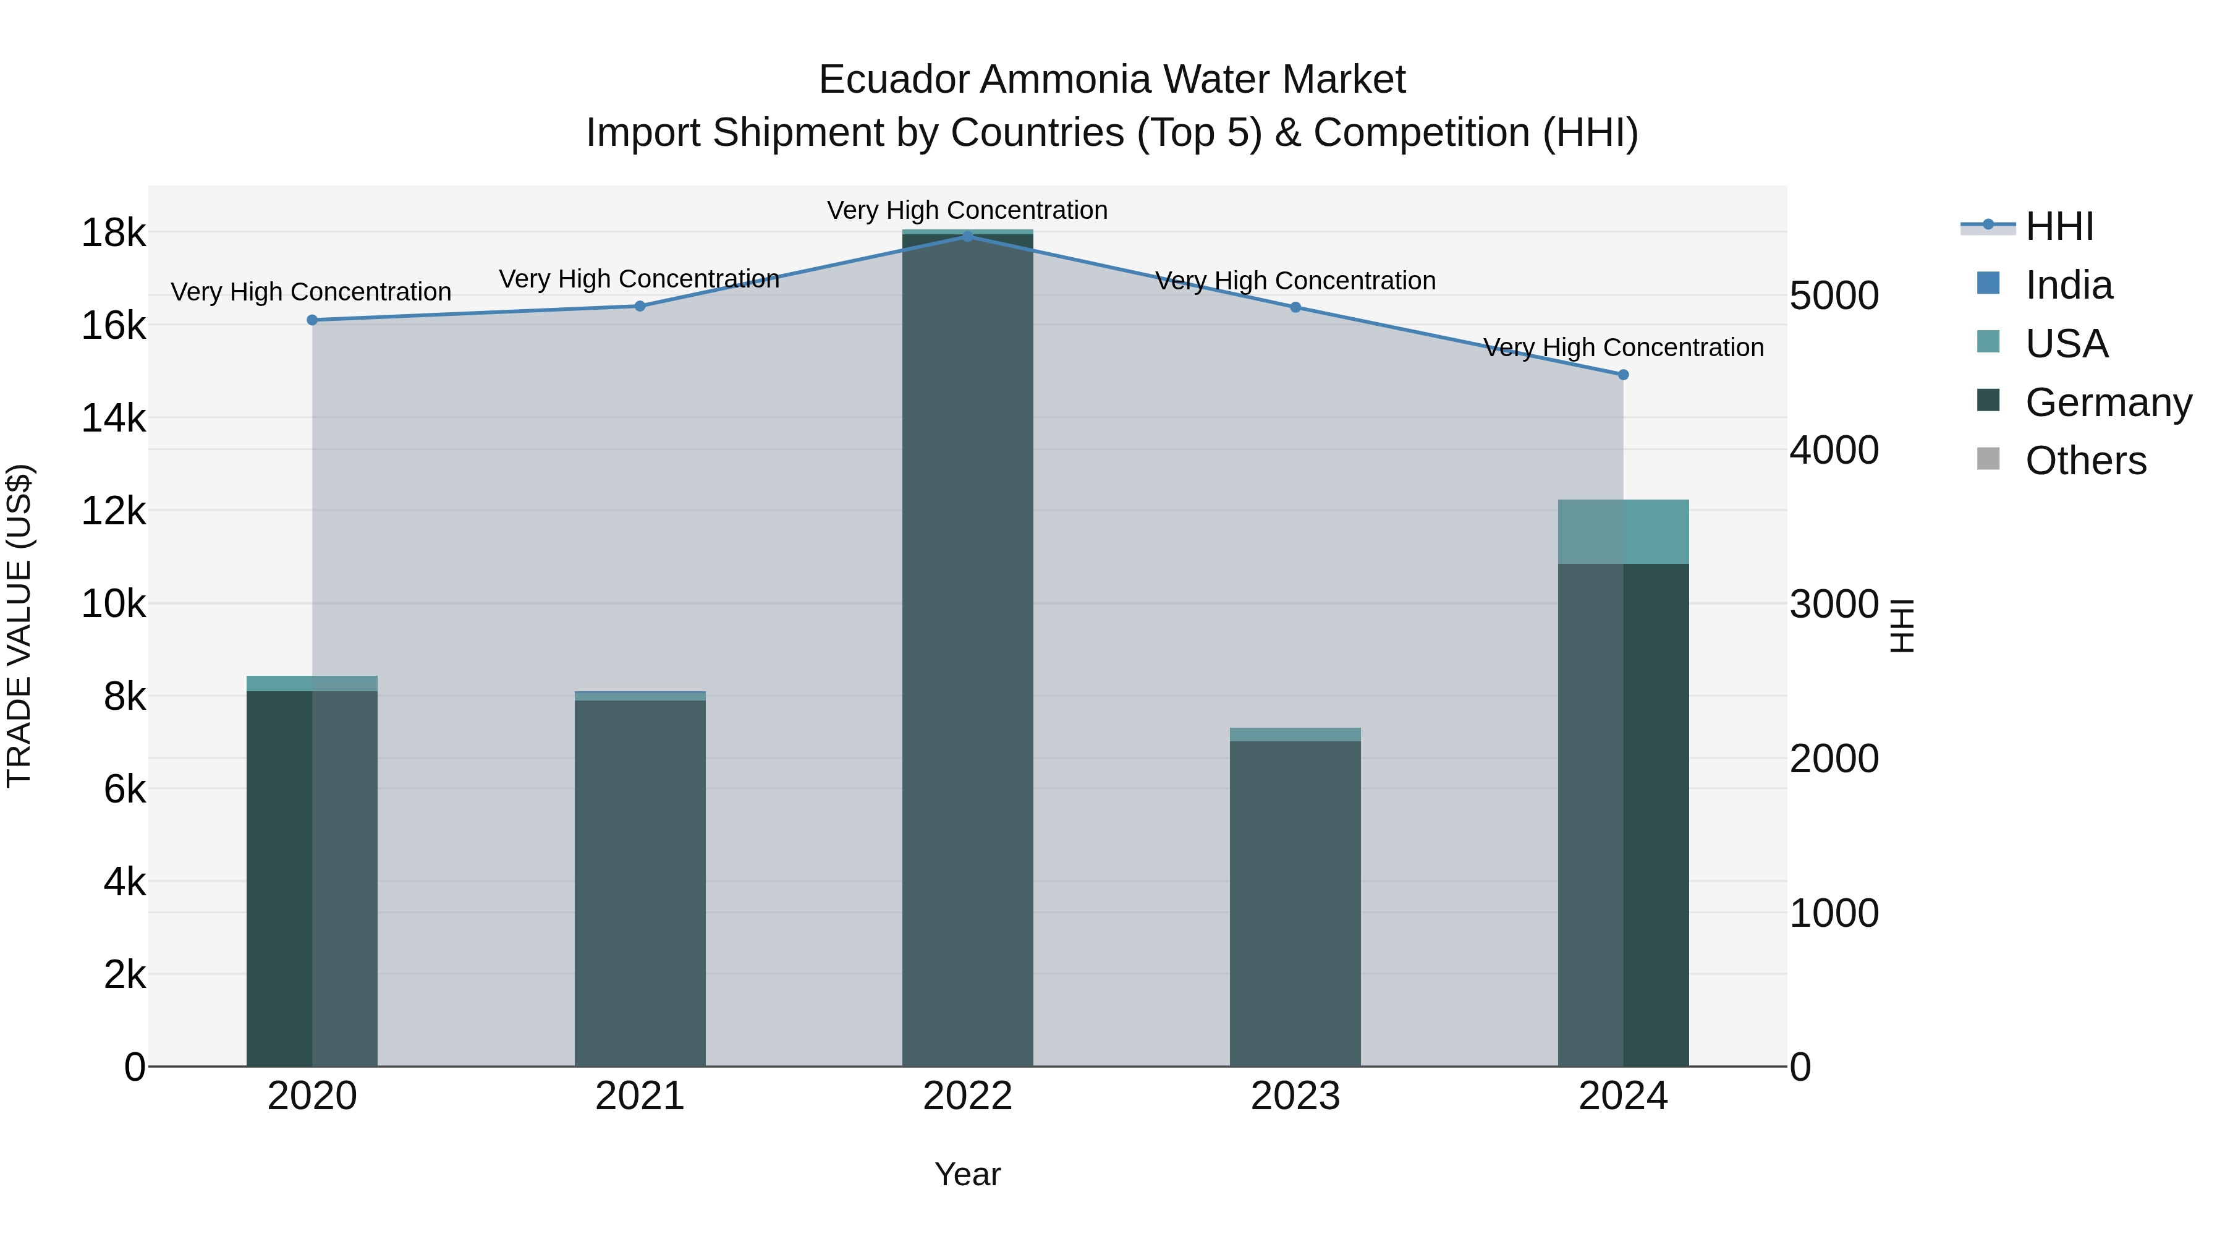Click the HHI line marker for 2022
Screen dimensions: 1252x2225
(x=967, y=236)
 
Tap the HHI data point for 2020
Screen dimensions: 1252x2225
(x=312, y=320)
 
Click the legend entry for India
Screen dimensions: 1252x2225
(x=2068, y=285)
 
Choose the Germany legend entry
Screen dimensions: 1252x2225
(x=2108, y=402)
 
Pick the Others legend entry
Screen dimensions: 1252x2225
(x=2085, y=461)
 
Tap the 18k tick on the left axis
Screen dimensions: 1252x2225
(x=113, y=233)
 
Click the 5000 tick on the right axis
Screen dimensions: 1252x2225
(x=1834, y=296)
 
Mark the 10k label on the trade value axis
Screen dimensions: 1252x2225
(x=113, y=604)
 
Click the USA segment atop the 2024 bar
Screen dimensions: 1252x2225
(x=1623, y=531)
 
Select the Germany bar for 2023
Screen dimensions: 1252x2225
(x=1295, y=903)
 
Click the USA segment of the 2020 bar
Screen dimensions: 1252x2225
(x=312, y=683)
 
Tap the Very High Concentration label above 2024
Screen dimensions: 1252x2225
(x=1623, y=347)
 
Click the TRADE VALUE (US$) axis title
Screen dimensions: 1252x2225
(x=19, y=626)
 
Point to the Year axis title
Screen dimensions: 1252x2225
(x=967, y=1174)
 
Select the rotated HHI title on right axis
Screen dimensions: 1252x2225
(x=1902, y=626)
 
